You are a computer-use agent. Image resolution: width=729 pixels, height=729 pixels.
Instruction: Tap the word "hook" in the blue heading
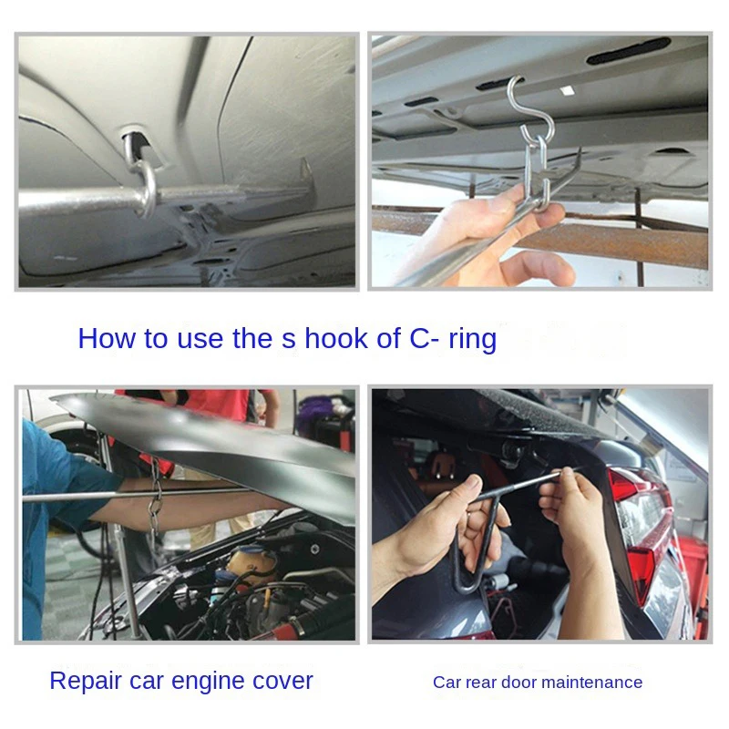[x=335, y=338]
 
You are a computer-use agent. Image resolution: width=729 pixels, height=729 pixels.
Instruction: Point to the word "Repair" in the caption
[x=86, y=682]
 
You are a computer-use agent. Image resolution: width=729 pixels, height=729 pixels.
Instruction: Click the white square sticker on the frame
[x=566, y=89]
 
